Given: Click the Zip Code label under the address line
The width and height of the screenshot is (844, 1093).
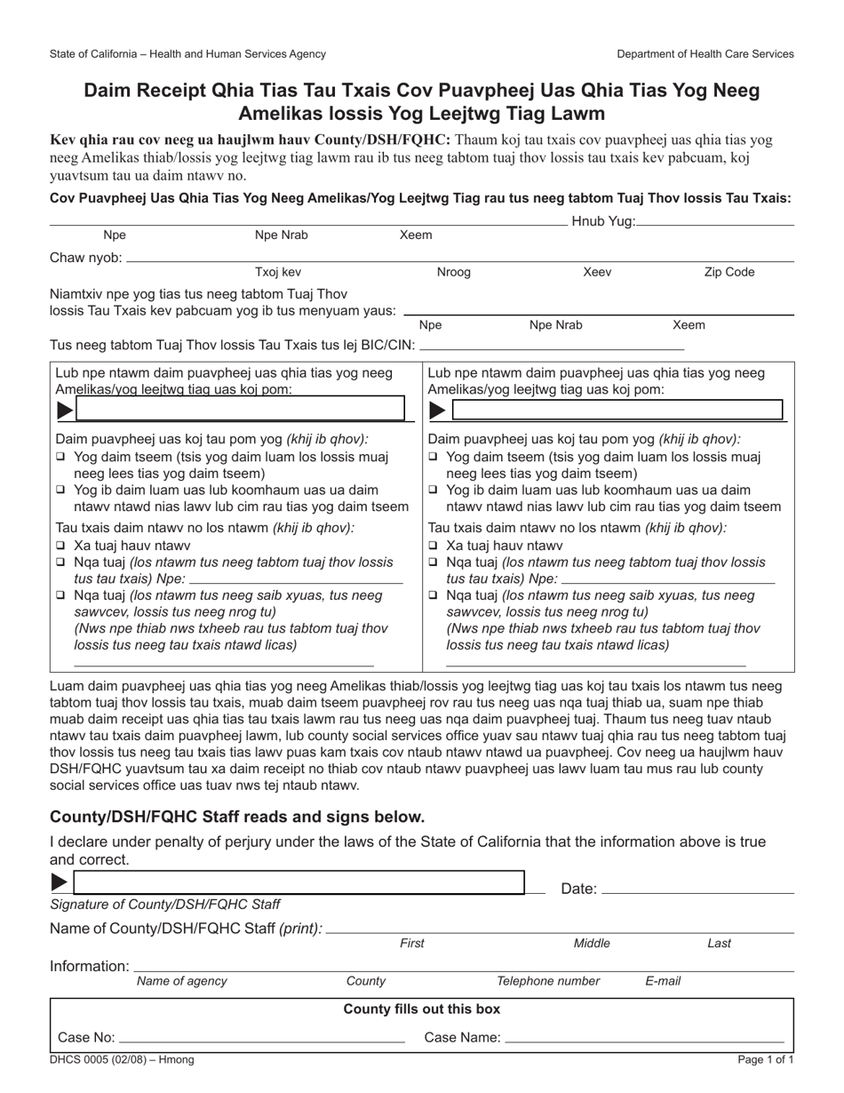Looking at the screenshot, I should click(729, 273).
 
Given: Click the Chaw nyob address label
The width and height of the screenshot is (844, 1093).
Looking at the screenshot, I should click(85, 258).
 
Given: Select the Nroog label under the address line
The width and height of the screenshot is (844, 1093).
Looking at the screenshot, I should click(453, 273).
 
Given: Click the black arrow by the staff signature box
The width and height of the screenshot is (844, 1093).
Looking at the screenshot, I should click(60, 882).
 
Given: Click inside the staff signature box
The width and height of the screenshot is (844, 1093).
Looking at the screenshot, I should click(299, 882).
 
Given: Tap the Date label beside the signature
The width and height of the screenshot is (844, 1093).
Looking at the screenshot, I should click(578, 889).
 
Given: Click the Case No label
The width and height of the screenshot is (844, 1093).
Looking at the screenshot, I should click(86, 1037).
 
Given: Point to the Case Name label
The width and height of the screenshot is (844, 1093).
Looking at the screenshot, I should click(462, 1037).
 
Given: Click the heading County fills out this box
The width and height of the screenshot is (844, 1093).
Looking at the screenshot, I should click(421, 1009).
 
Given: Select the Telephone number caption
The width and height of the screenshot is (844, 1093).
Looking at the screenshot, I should click(547, 982).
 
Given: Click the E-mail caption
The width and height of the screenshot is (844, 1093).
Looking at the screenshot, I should click(663, 982).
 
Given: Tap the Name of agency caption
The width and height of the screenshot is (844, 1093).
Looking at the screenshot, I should click(181, 982).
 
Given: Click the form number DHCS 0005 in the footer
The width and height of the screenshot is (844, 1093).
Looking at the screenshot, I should click(122, 1060).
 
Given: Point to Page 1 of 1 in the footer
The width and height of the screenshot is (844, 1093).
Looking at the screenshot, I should click(765, 1060).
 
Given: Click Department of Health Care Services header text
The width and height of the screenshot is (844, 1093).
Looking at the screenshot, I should click(705, 54).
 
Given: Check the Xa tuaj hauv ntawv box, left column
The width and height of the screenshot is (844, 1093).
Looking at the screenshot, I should click(60, 546).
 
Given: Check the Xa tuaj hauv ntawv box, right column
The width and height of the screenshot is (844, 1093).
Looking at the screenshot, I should click(433, 546).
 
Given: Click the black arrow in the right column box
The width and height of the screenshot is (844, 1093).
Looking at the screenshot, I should click(437, 411).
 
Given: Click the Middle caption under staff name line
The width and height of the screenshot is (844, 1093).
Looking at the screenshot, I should click(592, 944).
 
